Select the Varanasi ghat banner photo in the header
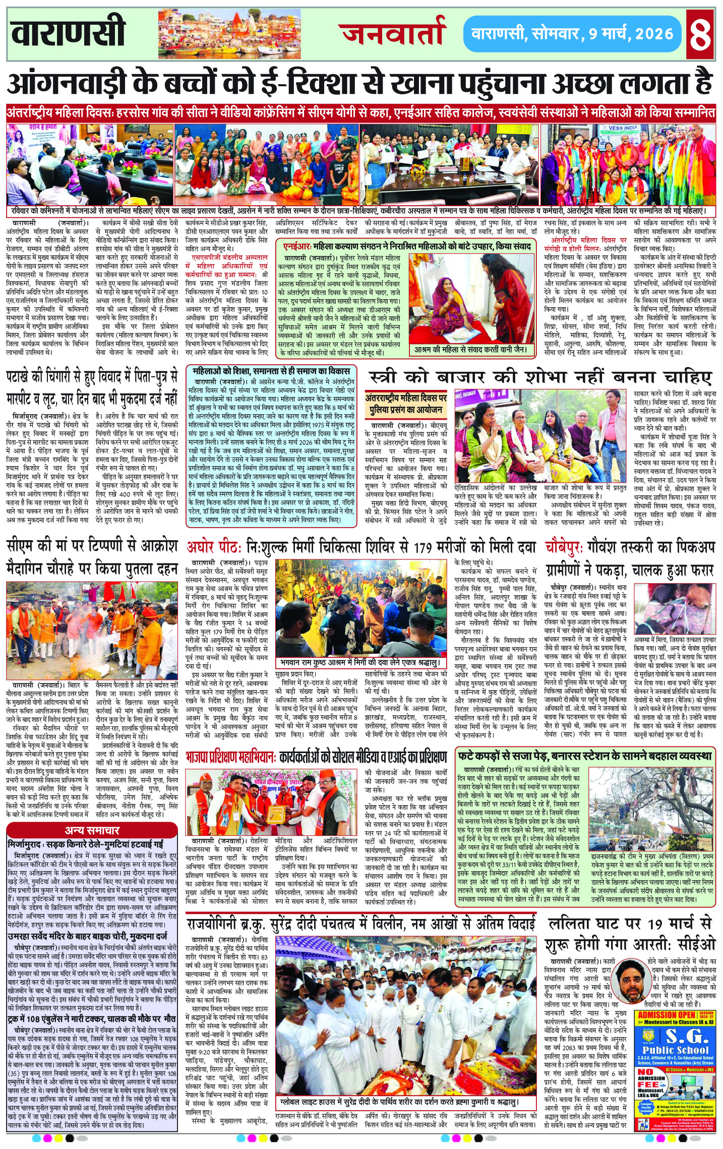tap(229, 34)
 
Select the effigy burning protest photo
tap(92, 630)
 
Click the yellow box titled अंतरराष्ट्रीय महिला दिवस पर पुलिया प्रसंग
tap(406, 404)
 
